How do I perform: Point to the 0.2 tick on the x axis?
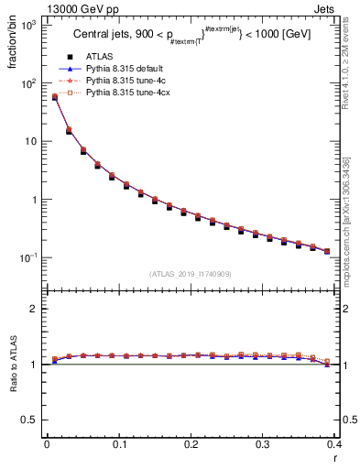point(191,444)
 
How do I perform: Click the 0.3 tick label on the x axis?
point(263,444)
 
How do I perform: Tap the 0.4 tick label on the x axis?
point(334,444)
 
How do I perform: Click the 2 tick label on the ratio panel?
point(33,309)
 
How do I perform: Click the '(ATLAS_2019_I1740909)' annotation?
point(191,273)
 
